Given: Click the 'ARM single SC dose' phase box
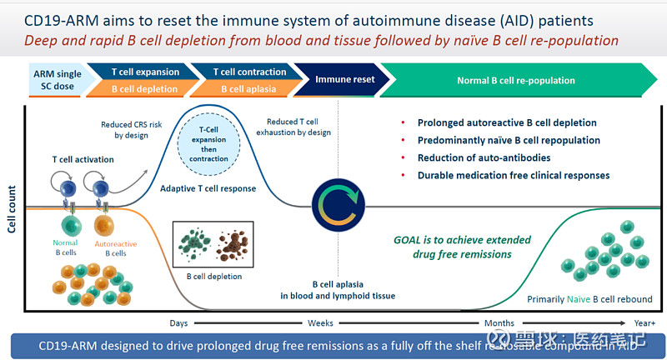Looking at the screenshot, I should (57, 80).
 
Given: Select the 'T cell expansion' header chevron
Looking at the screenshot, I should (146, 72).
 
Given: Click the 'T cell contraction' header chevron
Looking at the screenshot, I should (249, 72).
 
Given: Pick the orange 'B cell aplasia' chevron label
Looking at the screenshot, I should (249, 88).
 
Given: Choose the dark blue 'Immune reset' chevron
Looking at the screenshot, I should (344, 80).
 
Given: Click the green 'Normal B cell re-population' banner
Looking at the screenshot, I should (515, 81).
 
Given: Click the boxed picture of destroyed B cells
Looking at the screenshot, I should (212, 243).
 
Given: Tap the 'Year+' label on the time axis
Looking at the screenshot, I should (644, 322).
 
